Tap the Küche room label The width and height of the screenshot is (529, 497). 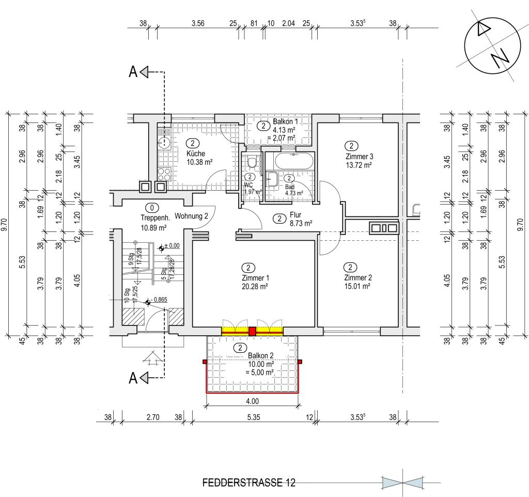pyautogui.click(x=196, y=153)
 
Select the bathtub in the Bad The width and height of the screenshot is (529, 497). pyautogui.click(x=294, y=161)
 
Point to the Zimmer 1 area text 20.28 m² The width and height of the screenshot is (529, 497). pyautogui.click(x=255, y=287)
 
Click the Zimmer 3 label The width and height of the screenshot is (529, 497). pyautogui.click(x=360, y=157)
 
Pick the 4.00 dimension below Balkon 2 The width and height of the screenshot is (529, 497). pyautogui.click(x=252, y=401)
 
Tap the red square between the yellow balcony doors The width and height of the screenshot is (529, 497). pyautogui.click(x=252, y=331)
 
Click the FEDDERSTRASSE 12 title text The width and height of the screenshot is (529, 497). pyautogui.click(x=248, y=483)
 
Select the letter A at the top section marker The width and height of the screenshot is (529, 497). pyautogui.click(x=133, y=72)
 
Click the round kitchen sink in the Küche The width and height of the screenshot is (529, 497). pyautogui.click(x=164, y=142)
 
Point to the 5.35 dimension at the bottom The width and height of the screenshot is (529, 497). pyautogui.click(x=254, y=417)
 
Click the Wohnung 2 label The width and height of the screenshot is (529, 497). pyautogui.click(x=191, y=216)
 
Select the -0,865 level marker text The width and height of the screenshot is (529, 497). pyautogui.click(x=159, y=300)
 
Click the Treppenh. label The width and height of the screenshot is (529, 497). pyautogui.click(x=155, y=218)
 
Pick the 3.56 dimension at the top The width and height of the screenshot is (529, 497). pyautogui.click(x=198, y=23)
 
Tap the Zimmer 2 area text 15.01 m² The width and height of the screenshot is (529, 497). pyautogui.click(x=357, y=286)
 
